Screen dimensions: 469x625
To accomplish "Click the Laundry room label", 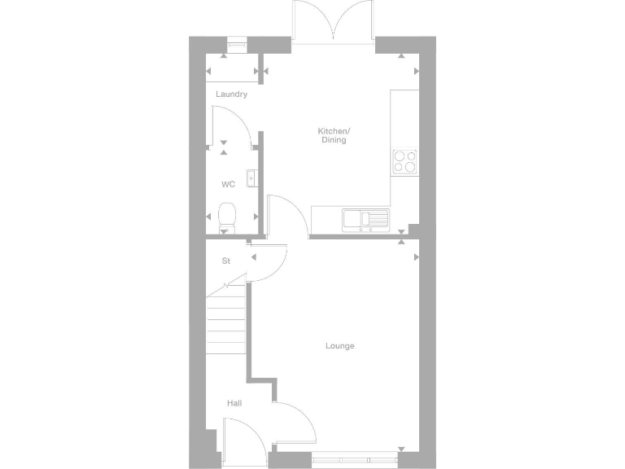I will pos(231,94).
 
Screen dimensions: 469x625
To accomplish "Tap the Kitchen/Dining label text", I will pos(333,135).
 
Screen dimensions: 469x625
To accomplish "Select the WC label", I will pos(228,184).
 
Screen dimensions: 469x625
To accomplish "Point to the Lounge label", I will pos(339,346).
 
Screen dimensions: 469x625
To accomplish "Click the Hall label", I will pos(234,403).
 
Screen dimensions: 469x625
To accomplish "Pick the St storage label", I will pos(226,261).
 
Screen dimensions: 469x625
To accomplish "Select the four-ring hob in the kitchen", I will pos(404,161).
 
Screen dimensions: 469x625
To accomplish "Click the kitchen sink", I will pos(365,218).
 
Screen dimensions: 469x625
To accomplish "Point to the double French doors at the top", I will pos(333,20).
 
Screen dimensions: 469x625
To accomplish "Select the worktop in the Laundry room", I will pos(231,77).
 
